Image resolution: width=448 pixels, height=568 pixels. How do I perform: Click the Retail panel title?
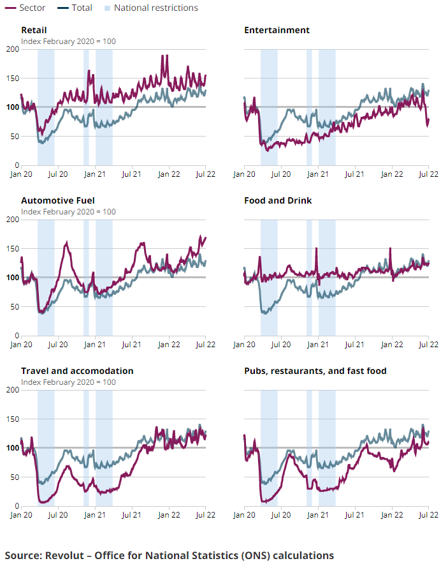pyautogui.click(x=34, y=30)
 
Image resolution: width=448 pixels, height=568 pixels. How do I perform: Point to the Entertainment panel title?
pyautogui.click(x=277, y=30)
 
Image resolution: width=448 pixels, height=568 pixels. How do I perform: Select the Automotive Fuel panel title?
pyautogui.click(x=57, y=200)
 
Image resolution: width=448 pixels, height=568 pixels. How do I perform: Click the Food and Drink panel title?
pyautogui.click(x=278, y=200)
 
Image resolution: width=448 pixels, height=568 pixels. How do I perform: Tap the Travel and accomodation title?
pyautogui.click(x=77, y=371)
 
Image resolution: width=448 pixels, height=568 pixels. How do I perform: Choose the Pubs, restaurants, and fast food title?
pyautogui.click(x=315, y=371)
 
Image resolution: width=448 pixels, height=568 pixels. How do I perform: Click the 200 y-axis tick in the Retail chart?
pyautogui.click(x=11, y=49)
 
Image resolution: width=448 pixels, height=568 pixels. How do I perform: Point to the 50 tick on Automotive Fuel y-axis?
pyautogui.click(x=14, y=306)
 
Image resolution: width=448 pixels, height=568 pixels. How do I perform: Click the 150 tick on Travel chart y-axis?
pyautogui.click(x=11, y=419)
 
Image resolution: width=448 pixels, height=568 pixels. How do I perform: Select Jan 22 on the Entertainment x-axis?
pyautogui.click(x=391, y=173)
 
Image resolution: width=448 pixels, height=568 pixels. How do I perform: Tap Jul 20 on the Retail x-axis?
pyautogui.click(x=58, y=173)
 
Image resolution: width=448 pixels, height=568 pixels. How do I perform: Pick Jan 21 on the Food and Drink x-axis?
pyautogui.click(x=317, y=343)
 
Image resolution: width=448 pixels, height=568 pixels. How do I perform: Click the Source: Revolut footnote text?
pyautogui.click(x=170, y=555)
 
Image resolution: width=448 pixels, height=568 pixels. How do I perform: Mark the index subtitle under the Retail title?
pyautogui.click(x=68, y=41)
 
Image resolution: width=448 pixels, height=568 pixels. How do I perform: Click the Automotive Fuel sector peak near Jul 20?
pyautogui.click(x=67, y=243)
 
